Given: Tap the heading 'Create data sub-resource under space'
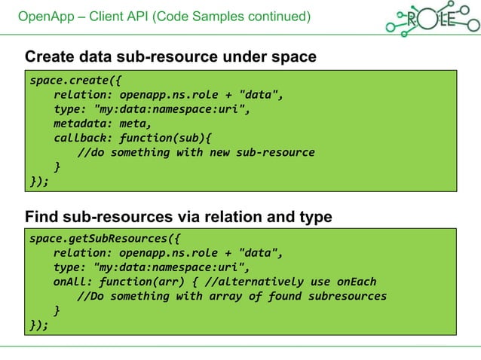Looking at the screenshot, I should [x=170, y=56].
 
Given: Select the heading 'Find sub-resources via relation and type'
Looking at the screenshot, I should [x=178, y=217].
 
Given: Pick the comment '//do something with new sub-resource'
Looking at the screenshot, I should [x=196, y=152].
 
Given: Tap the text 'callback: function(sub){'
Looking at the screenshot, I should [x=133, y=138].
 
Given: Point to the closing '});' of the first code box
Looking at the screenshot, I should [x=38, y=181].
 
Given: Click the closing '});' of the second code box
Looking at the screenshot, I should [x=38, y=325].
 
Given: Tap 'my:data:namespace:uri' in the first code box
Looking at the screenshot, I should [x=170, y=109].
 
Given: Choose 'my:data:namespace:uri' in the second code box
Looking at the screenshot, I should [x=170, y=267].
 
